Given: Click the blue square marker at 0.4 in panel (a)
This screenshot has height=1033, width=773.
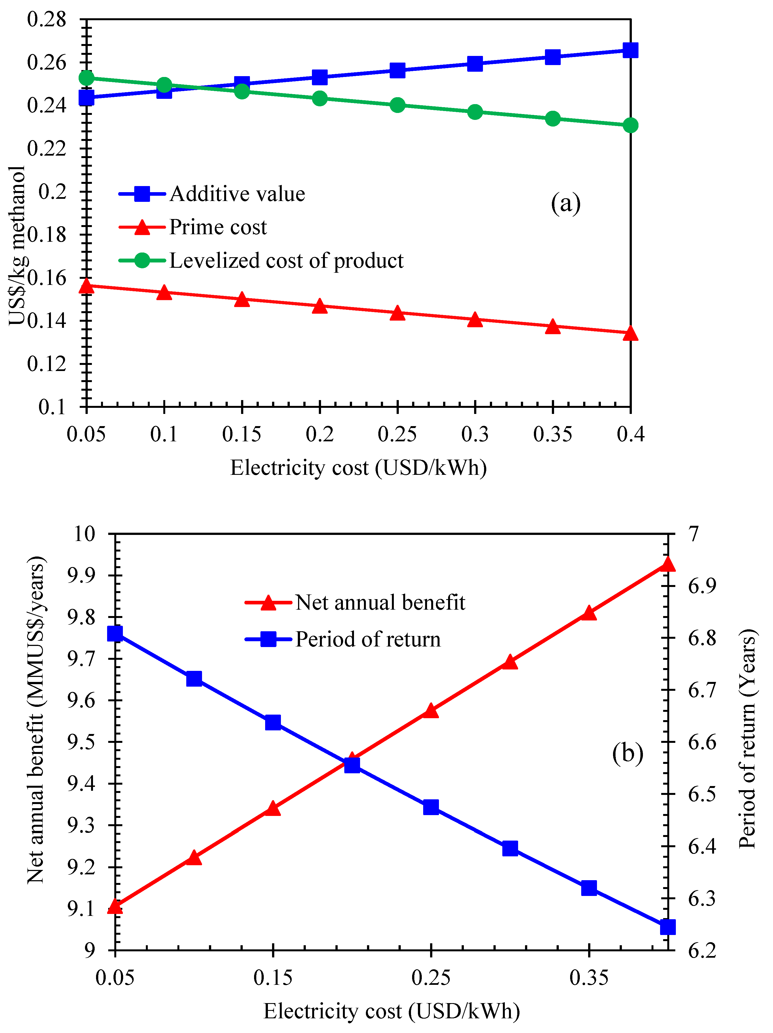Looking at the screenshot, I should click(x=630, y=50).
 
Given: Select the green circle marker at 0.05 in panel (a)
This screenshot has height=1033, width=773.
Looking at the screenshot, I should click(x=86, y=78).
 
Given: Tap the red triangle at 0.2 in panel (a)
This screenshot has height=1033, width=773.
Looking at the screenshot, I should click(x=319, y=306).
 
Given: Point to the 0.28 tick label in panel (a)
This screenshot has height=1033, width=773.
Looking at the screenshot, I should click(x=47, y=20).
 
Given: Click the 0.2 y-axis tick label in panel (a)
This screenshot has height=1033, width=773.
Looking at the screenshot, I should click(x=52, y=192).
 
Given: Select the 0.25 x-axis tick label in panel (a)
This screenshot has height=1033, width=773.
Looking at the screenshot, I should click(x=397, y=434).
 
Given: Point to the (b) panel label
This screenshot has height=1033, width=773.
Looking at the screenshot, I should click(x=627, y=753).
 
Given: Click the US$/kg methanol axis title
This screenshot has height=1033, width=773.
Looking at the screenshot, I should click(x=18, y=245).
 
